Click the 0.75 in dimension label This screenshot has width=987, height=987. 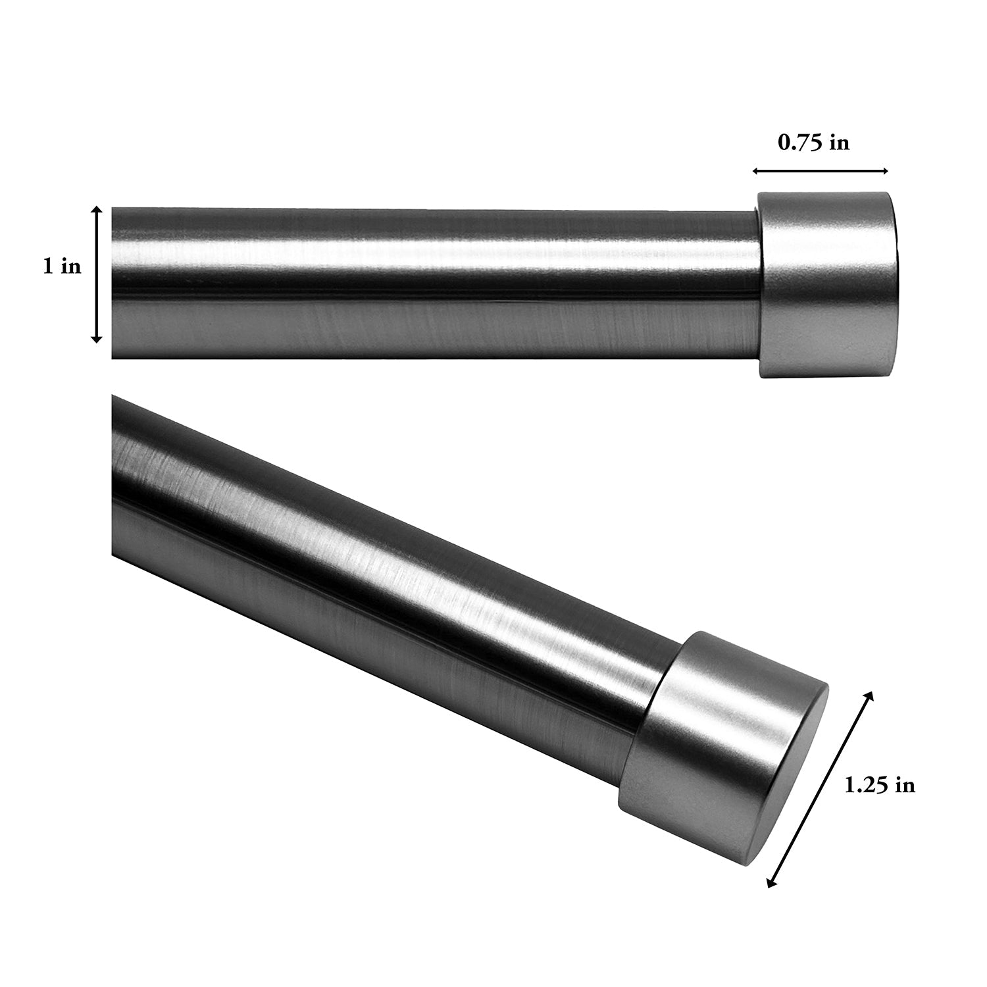[x=813, y=143]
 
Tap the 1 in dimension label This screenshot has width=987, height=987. [x=63, y=267]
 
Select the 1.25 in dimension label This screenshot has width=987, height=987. [x=880, y=785]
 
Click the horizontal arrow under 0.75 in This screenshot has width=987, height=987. [x=821, y=171]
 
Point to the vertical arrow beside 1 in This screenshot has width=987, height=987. [x=97, y=274]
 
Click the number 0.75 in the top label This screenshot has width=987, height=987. [x=801, y=143]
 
